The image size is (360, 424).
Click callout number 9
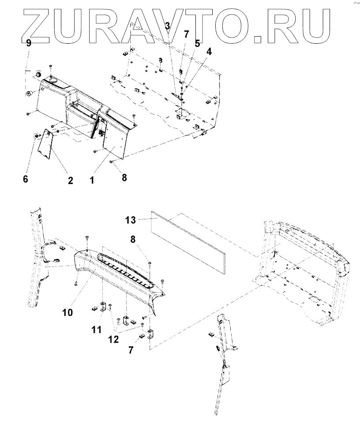tap(29, 43)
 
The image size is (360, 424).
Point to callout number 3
tap(168, 26)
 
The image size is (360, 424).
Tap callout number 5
tap(197, 43)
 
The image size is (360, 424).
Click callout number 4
tap(209, 52)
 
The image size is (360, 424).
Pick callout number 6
tap(26, 179)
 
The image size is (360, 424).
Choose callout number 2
tap(70, 180)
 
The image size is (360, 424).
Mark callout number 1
tap(92, 180)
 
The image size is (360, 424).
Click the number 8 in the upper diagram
tap(124, 178)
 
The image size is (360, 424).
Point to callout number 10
tap(67, 312)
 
